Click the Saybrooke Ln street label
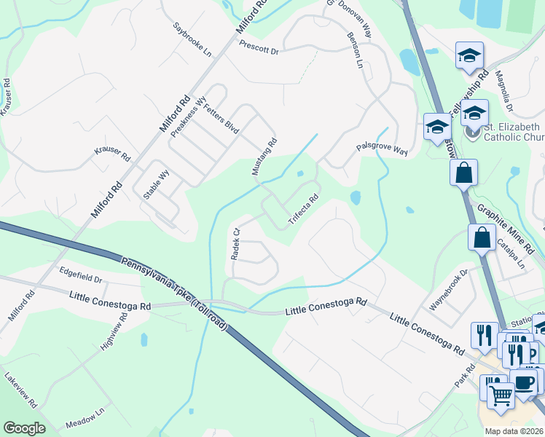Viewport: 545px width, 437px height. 192,41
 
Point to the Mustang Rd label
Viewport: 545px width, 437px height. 264,157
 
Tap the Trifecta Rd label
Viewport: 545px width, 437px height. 303,209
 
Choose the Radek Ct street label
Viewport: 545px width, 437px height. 235,244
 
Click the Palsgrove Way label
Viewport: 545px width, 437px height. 381,149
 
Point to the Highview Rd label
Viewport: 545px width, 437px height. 114,329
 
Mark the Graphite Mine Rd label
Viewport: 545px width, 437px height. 506,229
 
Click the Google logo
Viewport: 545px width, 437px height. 24,428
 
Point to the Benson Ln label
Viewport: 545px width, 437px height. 356,50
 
